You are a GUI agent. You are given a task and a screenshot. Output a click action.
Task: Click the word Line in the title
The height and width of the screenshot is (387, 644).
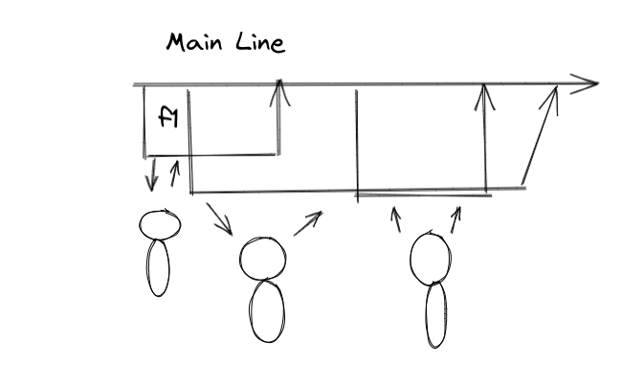pos(260,43)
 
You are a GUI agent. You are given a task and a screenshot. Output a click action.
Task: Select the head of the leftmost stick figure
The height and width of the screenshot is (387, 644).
pos(161,224)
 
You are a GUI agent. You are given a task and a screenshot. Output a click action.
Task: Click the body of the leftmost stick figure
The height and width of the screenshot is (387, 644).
pos(158,267)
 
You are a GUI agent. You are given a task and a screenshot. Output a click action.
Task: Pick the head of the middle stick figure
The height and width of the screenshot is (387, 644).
pos(263,258)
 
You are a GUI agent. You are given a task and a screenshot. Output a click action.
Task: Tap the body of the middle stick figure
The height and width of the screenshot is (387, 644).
pos(267,310)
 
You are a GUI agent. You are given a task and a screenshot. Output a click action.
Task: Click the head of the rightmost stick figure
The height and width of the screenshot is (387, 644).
pos(430,257)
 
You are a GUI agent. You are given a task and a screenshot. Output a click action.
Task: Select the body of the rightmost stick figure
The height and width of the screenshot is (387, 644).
pos(436,315)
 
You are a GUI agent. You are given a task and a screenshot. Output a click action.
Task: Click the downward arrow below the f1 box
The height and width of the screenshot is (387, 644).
pos(151,174)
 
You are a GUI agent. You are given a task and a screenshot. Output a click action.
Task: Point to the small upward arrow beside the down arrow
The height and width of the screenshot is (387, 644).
pos(173,173)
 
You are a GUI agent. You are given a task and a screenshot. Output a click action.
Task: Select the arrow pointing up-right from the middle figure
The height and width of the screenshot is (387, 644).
pos(307,223)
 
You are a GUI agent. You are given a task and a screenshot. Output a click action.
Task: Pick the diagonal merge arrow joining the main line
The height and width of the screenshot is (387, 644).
pos(539,134)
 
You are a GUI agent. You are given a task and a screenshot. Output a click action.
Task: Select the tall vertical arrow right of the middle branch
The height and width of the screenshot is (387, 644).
pos(485,134)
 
